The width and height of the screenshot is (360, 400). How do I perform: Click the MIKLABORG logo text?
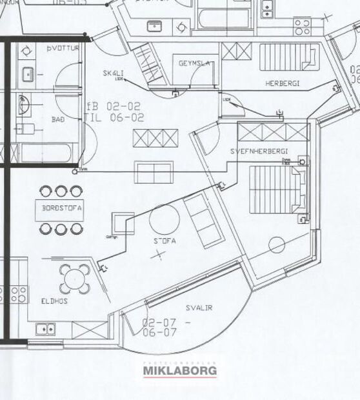180,371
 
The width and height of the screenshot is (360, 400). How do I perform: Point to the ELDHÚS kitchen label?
55,301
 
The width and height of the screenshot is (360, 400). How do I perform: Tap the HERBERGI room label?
284,84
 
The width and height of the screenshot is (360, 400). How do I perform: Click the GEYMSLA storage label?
195,63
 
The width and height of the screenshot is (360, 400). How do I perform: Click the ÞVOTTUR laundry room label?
63,48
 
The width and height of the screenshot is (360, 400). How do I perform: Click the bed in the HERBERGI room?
288,57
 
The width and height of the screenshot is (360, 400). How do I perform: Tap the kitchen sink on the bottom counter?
45,328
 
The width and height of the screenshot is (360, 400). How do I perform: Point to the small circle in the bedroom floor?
277,245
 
